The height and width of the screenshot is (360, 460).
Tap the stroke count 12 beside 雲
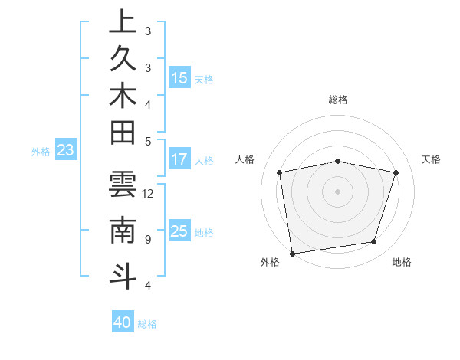[148, 193]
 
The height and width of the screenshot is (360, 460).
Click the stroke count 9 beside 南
[148, 239]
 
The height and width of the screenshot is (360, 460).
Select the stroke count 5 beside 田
[148, 141]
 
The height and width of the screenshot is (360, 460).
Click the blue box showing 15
[179, 78]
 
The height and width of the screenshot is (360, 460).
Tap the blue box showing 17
[179, 160]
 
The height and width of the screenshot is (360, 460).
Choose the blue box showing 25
[179, 231]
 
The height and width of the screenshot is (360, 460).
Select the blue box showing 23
[66, 151]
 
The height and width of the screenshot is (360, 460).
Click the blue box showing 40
[123, 322]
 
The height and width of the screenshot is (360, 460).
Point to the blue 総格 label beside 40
[148, 324]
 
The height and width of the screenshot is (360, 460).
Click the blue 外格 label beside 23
[41, 152]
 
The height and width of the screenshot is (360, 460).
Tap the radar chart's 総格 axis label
[338, 100]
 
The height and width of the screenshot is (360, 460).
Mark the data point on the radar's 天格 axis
[396, 172]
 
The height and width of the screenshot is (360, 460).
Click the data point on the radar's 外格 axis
[292, 252]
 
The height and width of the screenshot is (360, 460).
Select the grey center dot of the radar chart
[337, 191]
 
